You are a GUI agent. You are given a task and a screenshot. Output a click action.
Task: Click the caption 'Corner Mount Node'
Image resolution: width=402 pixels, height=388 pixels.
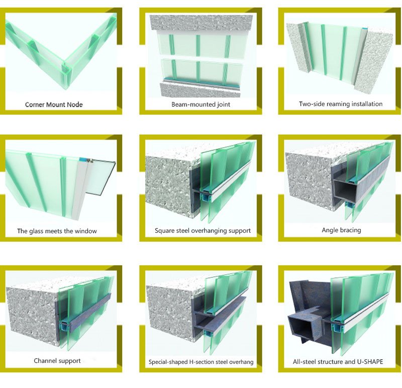coord(54,105)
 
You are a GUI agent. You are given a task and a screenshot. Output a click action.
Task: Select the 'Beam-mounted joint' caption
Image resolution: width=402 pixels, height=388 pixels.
coord(200,105)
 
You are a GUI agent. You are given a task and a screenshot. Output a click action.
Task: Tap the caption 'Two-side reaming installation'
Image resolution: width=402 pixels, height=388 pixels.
coord(341,104)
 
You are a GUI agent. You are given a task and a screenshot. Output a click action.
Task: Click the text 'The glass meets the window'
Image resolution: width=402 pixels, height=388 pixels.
coord(57,231)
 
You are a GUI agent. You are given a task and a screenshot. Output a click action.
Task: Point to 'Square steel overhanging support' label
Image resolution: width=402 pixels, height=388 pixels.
coord(203,231)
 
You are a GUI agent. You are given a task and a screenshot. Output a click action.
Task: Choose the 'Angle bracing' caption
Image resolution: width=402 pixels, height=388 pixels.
coord(341,230)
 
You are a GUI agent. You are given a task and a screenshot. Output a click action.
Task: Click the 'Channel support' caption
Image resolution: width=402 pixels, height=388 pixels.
coord(57,361)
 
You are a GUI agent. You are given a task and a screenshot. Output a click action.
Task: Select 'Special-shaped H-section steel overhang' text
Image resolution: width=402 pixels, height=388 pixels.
coord(201,362)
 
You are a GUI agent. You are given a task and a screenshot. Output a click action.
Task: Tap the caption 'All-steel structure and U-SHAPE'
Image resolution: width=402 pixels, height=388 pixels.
coord(338,361)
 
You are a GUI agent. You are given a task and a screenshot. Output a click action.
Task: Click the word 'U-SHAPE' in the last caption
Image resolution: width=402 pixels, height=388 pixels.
coord(370,361)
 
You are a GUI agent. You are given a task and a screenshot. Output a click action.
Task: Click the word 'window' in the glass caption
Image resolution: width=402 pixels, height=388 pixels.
coord(86,231)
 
